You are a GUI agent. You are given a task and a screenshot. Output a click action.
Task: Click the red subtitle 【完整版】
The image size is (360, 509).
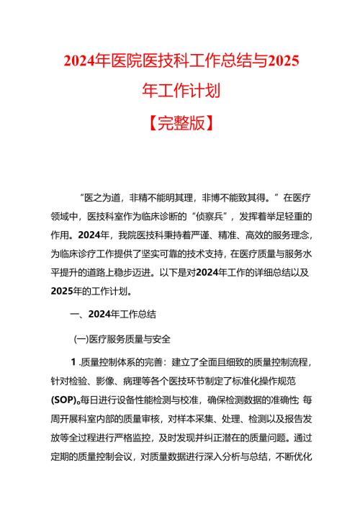(x=179, y=123)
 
